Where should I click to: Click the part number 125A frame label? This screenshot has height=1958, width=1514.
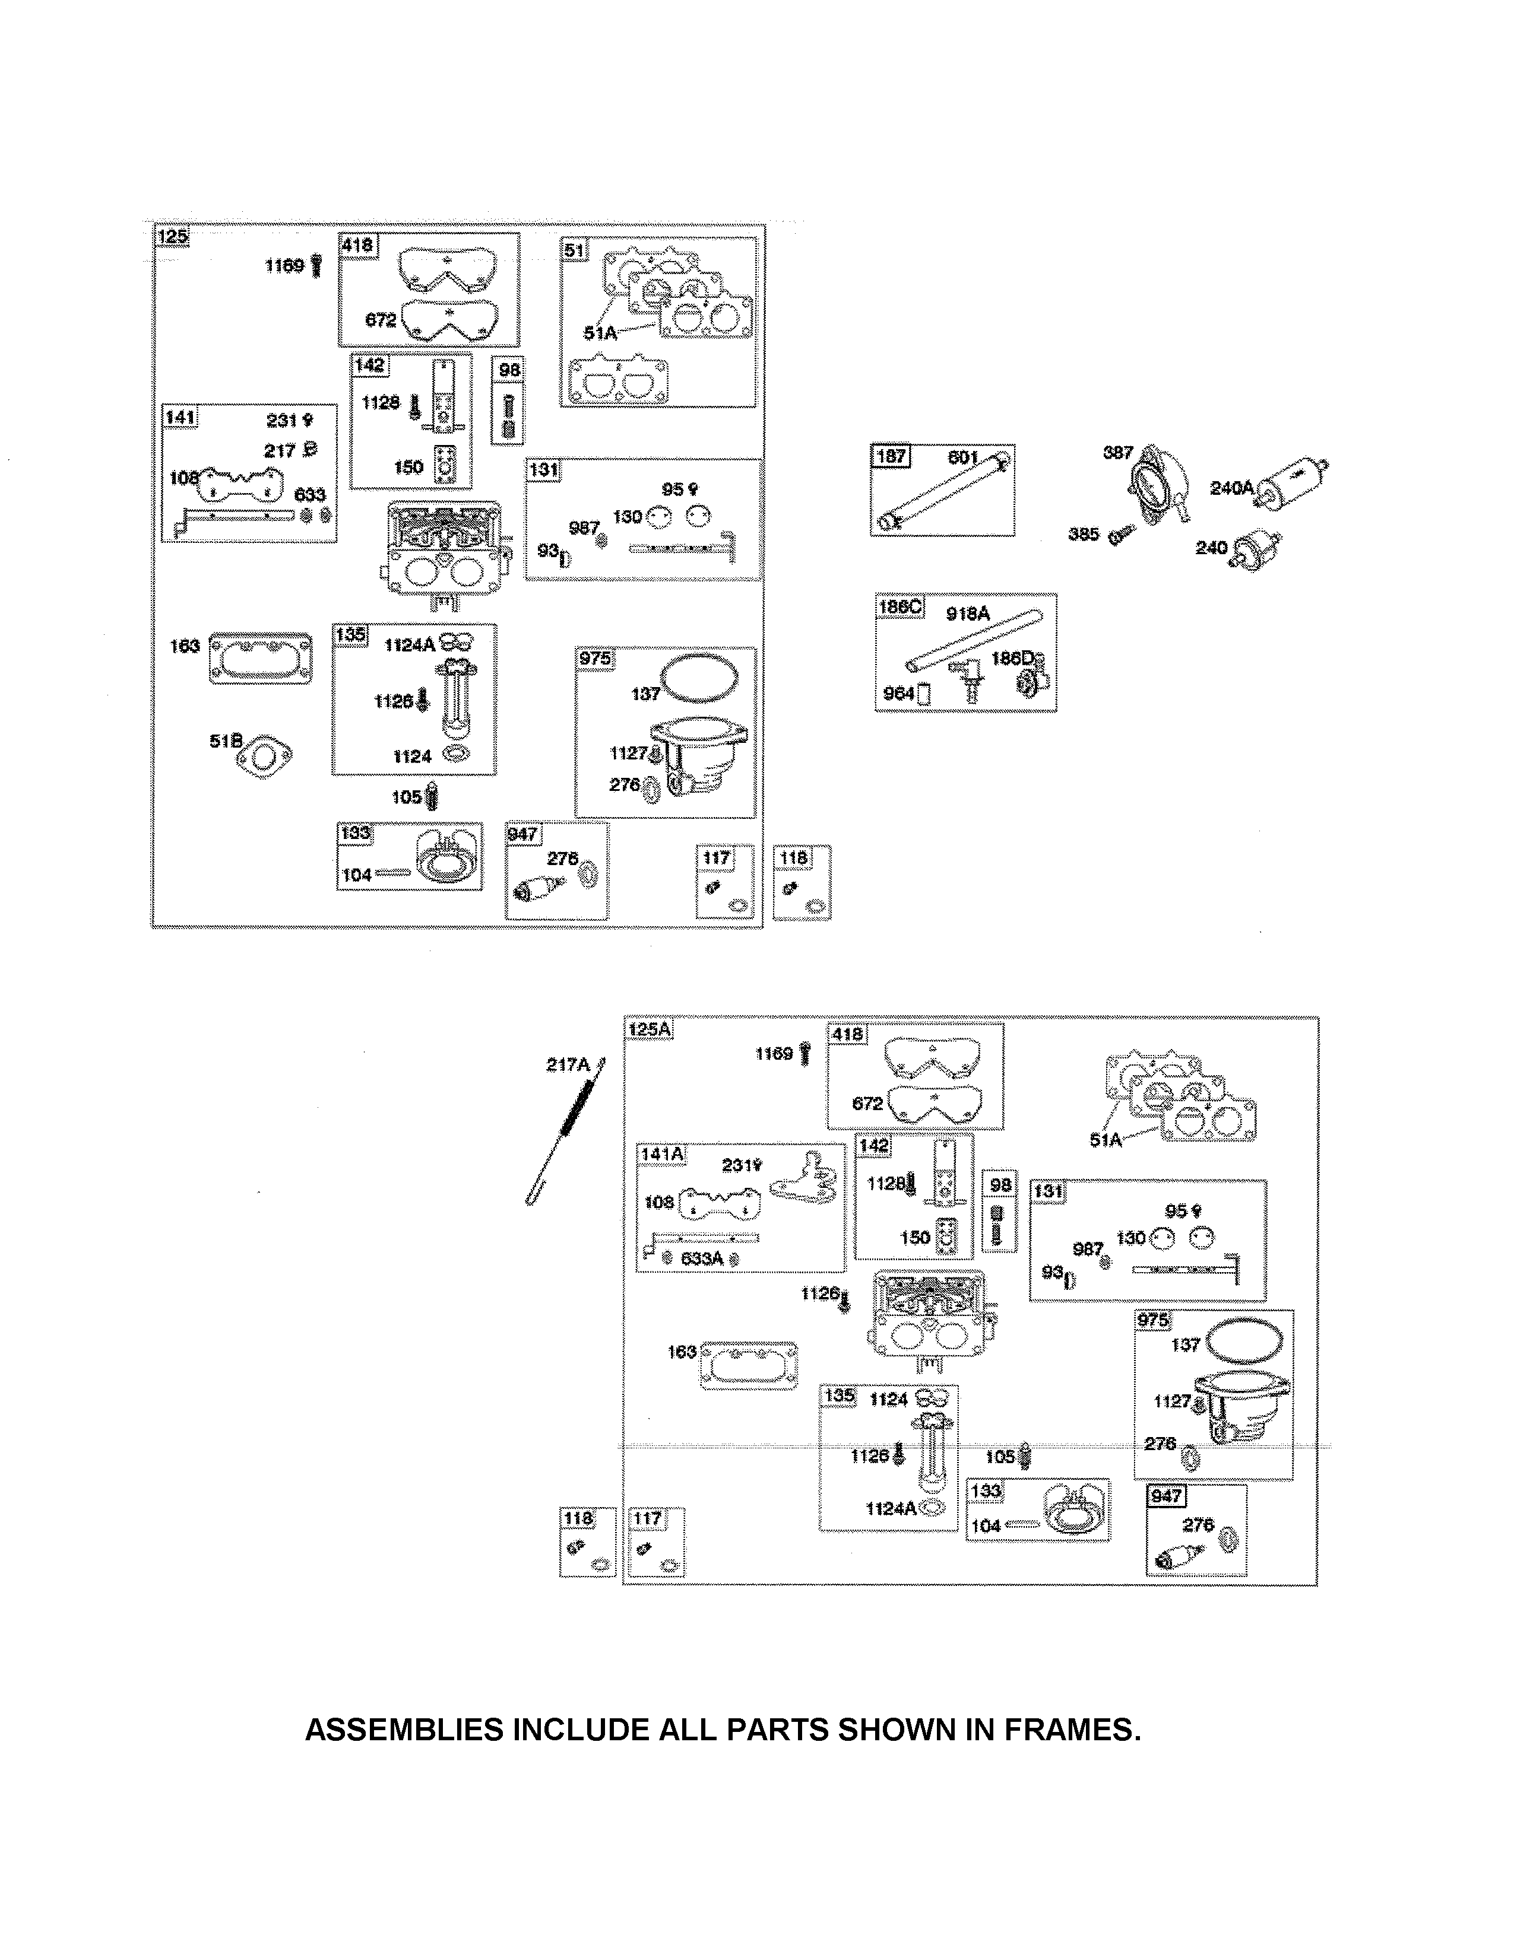[650, 1029]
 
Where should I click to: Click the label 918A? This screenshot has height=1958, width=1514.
[968, 614]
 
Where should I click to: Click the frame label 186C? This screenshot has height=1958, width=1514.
[899, 607]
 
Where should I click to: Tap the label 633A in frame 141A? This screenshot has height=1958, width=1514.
[701, 1258]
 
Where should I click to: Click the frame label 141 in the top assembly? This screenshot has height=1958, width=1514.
[179, 418]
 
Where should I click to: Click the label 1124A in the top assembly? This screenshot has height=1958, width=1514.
[410, 644]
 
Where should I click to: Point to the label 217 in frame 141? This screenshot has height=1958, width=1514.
[279, 450]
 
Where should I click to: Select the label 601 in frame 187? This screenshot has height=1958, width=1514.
[963, 457]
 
